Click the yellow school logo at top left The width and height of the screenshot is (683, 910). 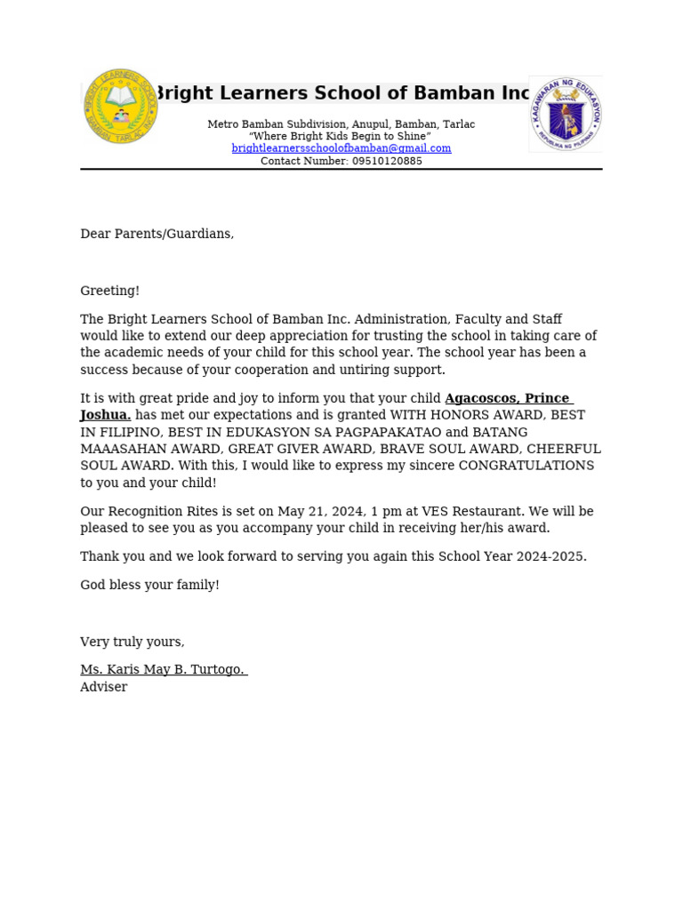click(121, 106)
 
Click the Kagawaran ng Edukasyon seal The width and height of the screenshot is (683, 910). click(566, 113)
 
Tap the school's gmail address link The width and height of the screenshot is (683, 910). click(341, 148)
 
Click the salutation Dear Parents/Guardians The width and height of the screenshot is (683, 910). click(157, 234)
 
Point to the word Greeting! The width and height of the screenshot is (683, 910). click(110, 291)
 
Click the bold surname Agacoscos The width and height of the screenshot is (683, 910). click(479, 398)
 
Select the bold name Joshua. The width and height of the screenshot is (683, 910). click(106, 415)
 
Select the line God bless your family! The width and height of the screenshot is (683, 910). click(149, 585)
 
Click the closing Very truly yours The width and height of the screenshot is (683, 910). click(133, 642)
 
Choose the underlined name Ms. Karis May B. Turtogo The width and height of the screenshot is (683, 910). click(163, 669)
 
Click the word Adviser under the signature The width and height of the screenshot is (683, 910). click(104, 687)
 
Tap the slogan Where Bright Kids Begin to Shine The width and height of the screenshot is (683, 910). click(341, 136)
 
